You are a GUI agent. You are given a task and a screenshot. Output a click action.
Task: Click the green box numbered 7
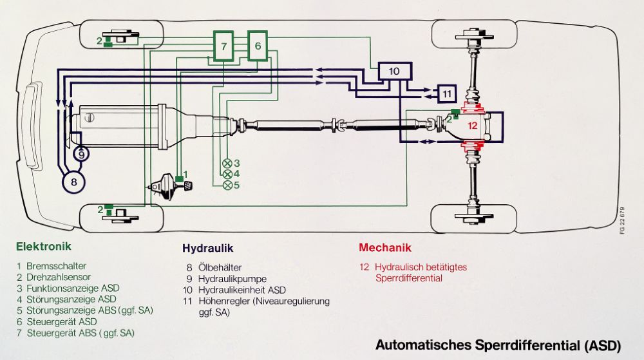coord(223,46)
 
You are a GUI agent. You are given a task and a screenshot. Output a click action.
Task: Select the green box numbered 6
coord(258,46)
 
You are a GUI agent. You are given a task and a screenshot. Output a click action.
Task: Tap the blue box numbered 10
coord(394,71)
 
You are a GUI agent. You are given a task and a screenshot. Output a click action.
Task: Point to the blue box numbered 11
coord(446,94)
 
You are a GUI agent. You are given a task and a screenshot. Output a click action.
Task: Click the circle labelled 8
coord(74,182)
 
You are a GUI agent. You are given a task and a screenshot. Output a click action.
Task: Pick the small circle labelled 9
coord(81,154)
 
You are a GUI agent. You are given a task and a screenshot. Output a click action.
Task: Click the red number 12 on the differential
coord(472,126)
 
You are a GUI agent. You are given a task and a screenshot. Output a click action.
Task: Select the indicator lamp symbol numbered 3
coord(227,163)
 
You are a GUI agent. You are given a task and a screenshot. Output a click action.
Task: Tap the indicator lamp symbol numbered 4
coord(227,174)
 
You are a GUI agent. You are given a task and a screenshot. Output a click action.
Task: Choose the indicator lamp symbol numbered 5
coord(227,185)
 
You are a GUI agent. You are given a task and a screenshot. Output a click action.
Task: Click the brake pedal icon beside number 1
coord(189,185)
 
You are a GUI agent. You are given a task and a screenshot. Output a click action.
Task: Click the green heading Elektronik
coord(44,247)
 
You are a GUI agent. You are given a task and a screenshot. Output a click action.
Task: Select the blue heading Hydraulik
coord(207,248)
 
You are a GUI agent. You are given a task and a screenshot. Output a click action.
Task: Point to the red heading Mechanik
coord(384,247)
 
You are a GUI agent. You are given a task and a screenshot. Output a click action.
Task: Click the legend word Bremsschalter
coord(57,265)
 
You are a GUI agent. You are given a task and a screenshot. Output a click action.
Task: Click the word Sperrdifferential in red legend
coord(408,278)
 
